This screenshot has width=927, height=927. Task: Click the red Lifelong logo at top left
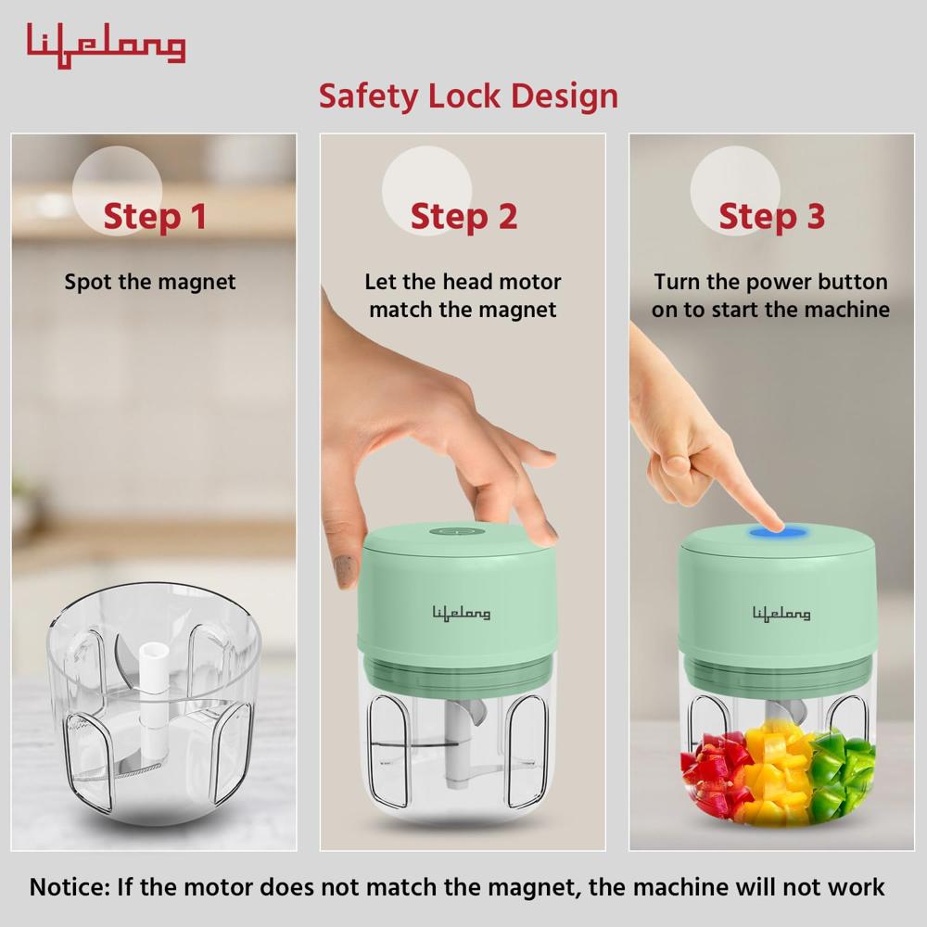point(106,44)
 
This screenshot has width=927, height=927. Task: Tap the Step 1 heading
point(154,217)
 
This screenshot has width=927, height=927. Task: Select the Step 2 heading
point(463,217)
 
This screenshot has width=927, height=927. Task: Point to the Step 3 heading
point(771,217)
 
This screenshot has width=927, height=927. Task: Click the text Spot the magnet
point(150,282)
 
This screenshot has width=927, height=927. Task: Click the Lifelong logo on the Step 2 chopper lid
point(462,612)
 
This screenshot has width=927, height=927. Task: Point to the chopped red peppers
point(712,774)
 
